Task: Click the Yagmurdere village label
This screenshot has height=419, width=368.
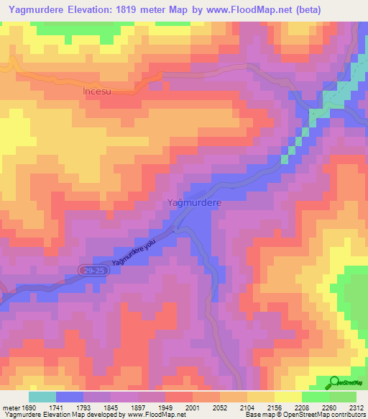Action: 194,204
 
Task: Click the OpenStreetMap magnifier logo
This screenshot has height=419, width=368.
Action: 335,382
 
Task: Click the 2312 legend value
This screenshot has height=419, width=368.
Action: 356,407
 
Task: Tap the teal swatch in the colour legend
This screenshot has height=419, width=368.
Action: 42,397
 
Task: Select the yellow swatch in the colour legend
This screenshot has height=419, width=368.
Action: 287,397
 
